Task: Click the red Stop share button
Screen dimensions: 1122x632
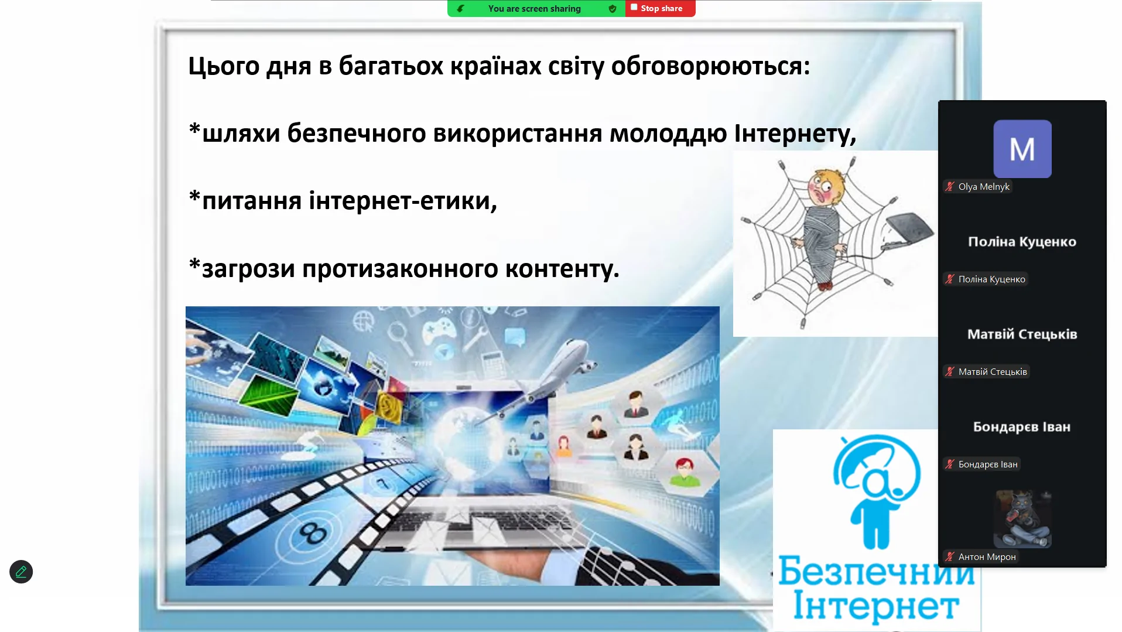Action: pyautogui.click(x=660, y=8)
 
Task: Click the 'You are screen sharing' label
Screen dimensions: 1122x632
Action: pyautogui.click(x=534, y=9)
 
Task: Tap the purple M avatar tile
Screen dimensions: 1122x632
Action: pyautogui.click(x=1022, y=149)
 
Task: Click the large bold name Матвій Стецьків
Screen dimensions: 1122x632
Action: pyautogui.click(x=1022, y=334)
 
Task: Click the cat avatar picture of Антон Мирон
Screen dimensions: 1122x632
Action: pyautogui.click(x=1022, y=519)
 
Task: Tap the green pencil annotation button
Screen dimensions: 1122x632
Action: pyautogui.click(x=21, y=572)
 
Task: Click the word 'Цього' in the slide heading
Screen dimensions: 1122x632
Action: pyautogui.click(x=224, y=66)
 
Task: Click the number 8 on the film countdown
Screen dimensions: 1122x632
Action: pyautogui.click(x=313, y=534)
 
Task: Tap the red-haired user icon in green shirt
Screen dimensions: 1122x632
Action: pyautogui.click(x=684, y=472)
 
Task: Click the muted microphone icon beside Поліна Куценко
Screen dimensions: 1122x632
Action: pyautogui.click(x=950, y=279)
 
